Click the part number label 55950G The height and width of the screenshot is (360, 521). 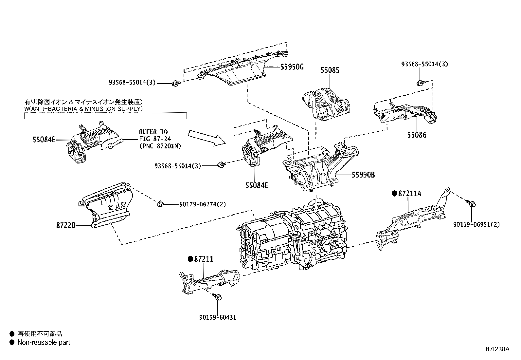click(292, 67)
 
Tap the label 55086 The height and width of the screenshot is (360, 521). click(417, 135)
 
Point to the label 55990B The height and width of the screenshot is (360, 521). click(363, 175)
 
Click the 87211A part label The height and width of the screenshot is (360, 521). click(410, 194)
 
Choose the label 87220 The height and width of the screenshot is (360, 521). click(66, 225)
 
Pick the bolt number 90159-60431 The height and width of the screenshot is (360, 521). click(217, 317)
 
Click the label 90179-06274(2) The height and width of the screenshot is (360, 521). click(202, 204)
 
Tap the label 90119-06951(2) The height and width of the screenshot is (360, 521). click(476, 225)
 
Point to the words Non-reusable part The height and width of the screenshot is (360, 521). click(44, 343)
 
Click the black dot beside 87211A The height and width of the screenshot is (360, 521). click(394, 194)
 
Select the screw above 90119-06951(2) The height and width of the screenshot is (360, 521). click(471, 204)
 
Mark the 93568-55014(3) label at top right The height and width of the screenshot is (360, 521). click(424, 65)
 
